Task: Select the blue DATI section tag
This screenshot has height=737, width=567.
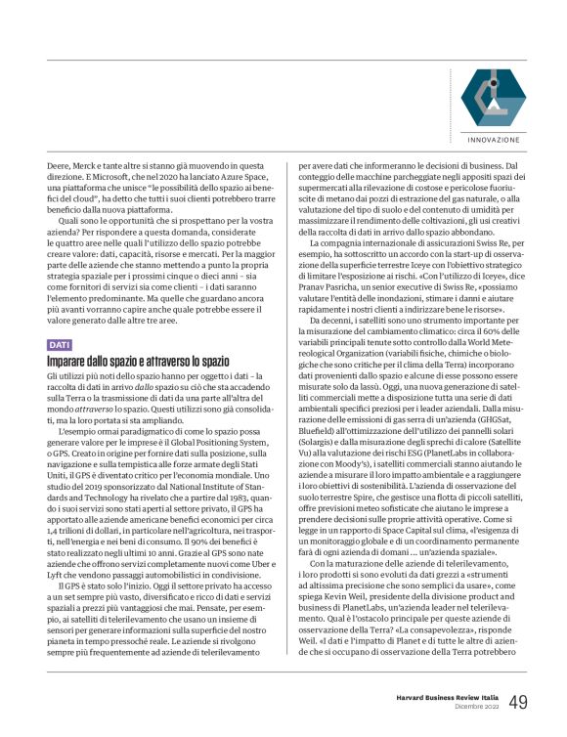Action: (x=59, y=344)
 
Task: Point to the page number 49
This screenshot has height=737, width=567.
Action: (x=518, y=703)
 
